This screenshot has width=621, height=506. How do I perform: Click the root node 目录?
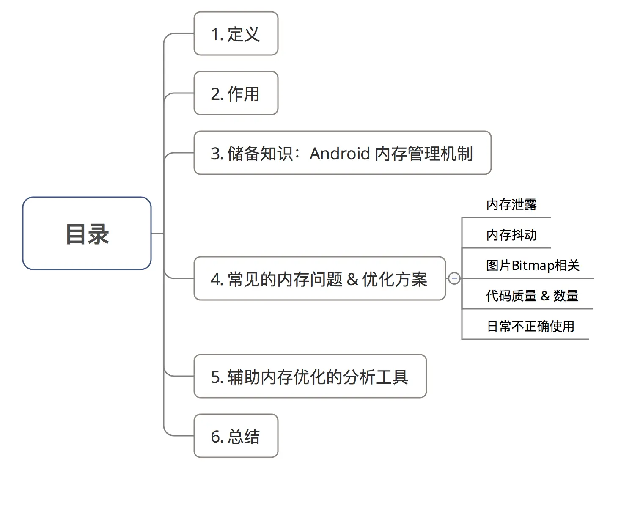[x=87, y=234]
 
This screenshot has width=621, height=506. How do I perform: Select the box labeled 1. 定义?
[x=236, y=34]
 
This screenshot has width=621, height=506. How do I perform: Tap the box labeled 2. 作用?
[x=236, y=93]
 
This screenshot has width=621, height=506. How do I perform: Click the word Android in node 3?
[x=340, y=154]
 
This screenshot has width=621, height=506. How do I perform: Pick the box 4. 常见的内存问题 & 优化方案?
[x=319, y=279]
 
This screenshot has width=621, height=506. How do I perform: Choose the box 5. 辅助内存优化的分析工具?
[x=310, y=377]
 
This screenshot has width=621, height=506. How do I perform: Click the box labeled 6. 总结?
[x=236, y=436]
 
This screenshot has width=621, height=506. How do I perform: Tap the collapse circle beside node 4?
[x=454, y=279]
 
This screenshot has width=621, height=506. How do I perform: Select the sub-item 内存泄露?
[x=511, y=205]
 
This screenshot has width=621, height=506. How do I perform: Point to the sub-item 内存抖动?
[x=511, y=235]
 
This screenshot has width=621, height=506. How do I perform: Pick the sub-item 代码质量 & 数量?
[x=532, y=296]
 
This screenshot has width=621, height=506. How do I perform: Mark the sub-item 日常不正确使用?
[x=530, y=326]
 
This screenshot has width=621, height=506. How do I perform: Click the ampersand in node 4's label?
[x=352, y=280]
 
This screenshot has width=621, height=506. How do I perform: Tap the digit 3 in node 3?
[x=215, y=154]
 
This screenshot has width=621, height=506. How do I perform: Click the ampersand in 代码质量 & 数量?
[x=545, y=296]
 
